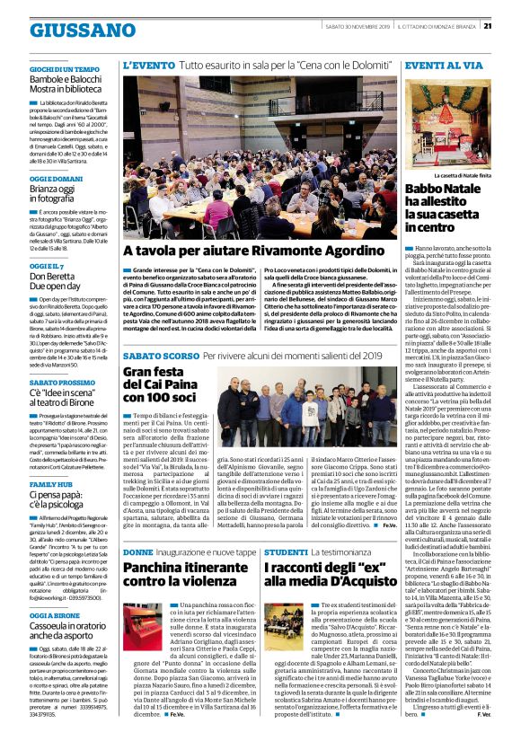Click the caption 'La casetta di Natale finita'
pos(464,175)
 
